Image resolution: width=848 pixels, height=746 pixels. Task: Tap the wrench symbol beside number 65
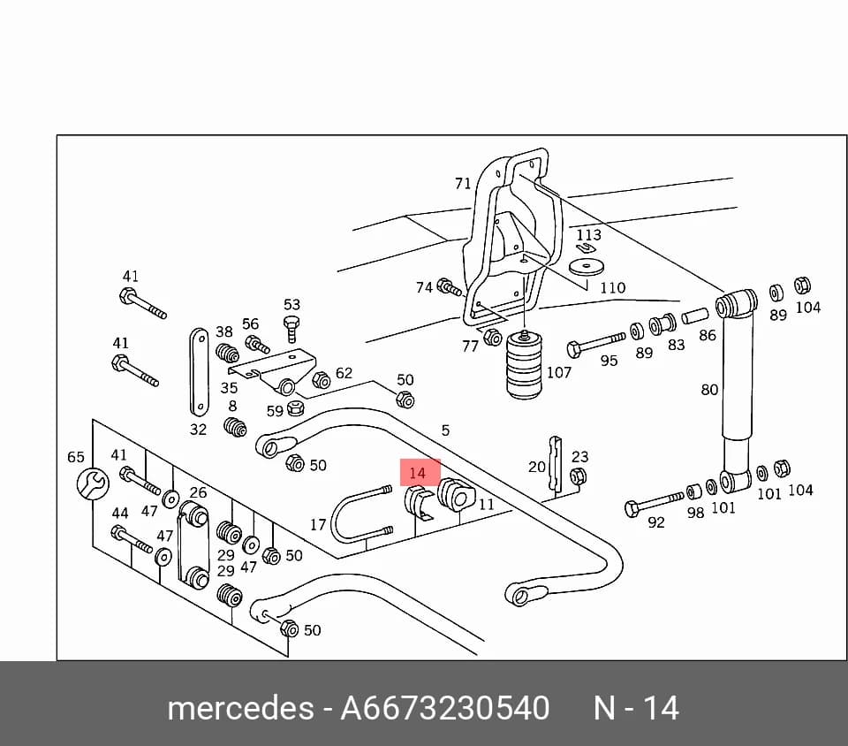click(x=93, y=483)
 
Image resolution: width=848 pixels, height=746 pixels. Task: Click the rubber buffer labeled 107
click(x=524, y=365)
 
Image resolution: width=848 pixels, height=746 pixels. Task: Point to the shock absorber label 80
click(x=709, y=390)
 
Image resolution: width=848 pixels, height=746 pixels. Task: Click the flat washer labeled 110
click(x=586, y=267)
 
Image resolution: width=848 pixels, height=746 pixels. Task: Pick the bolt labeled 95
click(x=594, y=344)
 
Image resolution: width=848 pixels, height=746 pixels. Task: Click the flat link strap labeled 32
click(x=199, y=371)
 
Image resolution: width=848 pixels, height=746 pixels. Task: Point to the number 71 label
click(x=463, y=184)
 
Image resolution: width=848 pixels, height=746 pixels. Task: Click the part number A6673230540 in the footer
click(x=444, y=708)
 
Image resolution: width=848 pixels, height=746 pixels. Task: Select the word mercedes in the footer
click(x=240, y=708)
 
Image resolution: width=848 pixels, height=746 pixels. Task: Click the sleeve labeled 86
click(x=694, y=316)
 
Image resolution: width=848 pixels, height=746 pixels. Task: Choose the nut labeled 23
click(x=578, y=476)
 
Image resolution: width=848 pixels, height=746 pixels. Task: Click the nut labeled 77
click(x=492, y=338)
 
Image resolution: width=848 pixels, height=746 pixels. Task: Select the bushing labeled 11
click(x=456, y=494)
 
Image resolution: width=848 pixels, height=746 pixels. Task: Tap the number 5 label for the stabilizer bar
click(x=445, y=430)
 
